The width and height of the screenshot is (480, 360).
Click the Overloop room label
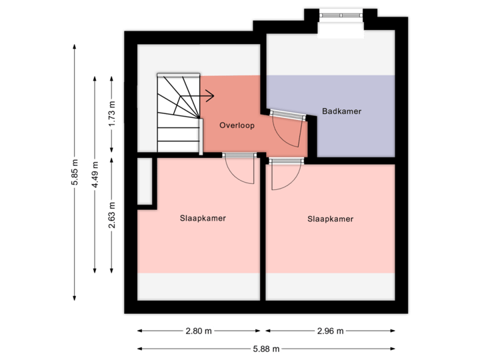[x=237, y=125]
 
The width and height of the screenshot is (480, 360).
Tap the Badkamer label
[x=341, y=111]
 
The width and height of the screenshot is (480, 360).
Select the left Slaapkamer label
[x=203, y=218]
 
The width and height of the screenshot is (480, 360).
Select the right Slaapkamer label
[x=331, y=219]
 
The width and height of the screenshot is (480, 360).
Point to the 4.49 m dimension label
[x=96, y=175]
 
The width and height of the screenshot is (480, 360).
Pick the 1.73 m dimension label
[x=113, y=114]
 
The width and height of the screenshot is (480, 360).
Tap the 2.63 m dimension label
[x=113, y=215]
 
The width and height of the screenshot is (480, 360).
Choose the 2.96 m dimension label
[x=330, y=331]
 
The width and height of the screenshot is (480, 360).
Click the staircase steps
[x=178, y=113]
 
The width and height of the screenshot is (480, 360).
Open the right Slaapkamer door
[x=283, y=173]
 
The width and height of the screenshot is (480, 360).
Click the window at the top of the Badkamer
[x=341, y=15]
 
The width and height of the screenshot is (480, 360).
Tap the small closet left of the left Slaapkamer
[x=145, y=181]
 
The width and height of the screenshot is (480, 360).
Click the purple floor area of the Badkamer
[x=353, y=133]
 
